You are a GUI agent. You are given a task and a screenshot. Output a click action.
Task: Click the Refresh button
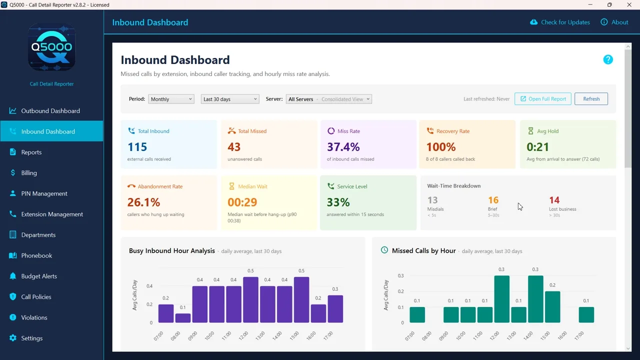click(591, 99)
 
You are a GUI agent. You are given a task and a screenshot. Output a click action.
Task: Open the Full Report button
click(543, 99)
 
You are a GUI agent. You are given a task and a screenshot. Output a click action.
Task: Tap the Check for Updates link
click(560, 22)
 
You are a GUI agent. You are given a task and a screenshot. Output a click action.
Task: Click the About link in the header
click(614, 22)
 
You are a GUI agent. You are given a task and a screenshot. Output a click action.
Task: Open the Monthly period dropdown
click(171, 99)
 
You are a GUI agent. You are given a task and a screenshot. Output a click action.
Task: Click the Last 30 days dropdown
click(230, 99)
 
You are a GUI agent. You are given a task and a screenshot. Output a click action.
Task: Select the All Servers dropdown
click(329, 99)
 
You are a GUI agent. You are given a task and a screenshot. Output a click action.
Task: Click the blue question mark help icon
click(608, 59)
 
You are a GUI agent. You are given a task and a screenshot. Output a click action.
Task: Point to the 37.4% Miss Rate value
click(343, 147)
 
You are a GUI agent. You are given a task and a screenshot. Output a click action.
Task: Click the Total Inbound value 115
click(137, 147)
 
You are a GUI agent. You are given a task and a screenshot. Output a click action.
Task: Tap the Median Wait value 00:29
click(242, 202)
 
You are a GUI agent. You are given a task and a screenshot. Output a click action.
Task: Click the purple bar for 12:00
click(250, 299)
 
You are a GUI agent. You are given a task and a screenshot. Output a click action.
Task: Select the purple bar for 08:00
click(183, 318)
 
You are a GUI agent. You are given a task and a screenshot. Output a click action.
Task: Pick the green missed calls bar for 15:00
click(552, 307)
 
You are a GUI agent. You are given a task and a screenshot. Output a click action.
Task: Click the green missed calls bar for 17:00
click(586, 315)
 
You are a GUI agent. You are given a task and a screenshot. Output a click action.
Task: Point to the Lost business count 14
click(554, 200)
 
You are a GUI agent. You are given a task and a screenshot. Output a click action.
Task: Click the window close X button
click(629, 5)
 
